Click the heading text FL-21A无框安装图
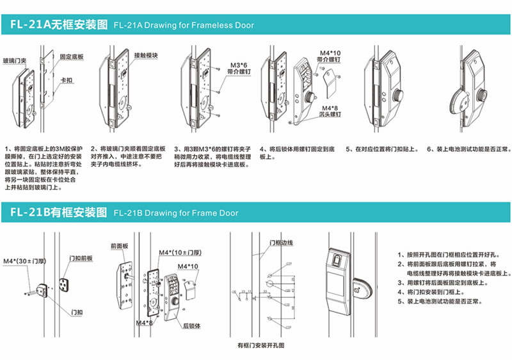[59, 26]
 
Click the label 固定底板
[72, 56]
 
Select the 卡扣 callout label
[66, 81]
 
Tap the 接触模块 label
[146, 56]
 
